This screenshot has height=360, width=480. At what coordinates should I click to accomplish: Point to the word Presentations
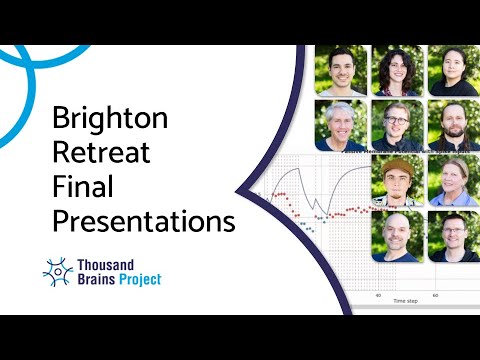(143, 220)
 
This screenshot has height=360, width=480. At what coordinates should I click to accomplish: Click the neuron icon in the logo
(58, 270)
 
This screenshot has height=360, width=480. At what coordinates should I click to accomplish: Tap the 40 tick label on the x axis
(378, 295)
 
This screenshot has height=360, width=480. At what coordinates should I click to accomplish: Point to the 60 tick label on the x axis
(435, 295)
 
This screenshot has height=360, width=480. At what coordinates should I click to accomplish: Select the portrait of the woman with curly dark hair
(396, 70)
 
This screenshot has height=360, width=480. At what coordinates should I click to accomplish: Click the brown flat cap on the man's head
(398, 166)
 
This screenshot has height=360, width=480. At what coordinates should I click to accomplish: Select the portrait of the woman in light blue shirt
(453, 181)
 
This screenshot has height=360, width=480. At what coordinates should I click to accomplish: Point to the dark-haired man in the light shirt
(340, 70)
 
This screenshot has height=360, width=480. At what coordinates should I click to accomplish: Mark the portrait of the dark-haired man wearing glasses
(453, 236)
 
